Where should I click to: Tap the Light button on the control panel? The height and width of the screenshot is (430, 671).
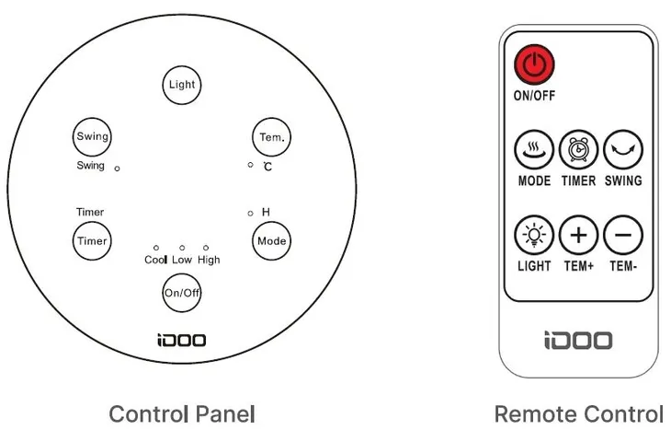(x=182, y=85)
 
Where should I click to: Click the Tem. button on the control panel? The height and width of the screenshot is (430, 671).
(x=272, y=137)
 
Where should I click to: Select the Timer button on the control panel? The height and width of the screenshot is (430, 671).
(x=92, y=241)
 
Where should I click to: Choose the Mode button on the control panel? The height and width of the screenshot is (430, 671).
(x=272, y=241)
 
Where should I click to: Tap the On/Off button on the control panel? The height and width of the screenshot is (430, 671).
(x=182, y=293)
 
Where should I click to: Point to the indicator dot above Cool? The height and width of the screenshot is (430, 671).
(x=156, y=248)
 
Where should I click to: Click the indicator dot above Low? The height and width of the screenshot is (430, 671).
(x=182, y=248)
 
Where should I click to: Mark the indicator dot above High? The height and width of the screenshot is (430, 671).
(x=206, y=248)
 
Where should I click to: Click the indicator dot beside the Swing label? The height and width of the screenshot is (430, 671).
(x=118, y=169)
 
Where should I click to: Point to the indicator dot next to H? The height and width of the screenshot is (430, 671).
(x=250, y=214)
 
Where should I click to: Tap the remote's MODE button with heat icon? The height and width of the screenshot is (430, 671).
(x=534, y=150)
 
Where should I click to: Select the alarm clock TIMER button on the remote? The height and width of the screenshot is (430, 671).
(x=578, y=150)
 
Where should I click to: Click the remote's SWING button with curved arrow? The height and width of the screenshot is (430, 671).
(x=623, y=150)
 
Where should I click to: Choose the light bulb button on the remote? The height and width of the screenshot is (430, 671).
(x=534, y=236)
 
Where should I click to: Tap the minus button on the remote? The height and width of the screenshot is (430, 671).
(x=623, y=236)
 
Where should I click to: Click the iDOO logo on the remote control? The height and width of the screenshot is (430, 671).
(x=578, y=341)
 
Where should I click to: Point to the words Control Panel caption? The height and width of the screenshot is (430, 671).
(x=182, y=414)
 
